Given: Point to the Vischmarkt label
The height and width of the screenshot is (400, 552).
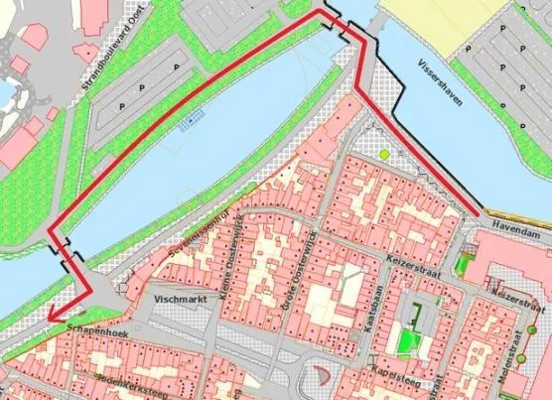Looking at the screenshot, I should [186, 296].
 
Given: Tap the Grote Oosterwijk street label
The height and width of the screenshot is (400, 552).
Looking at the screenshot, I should [301, 264].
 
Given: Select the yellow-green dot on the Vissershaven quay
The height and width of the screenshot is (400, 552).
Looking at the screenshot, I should [384, 155].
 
